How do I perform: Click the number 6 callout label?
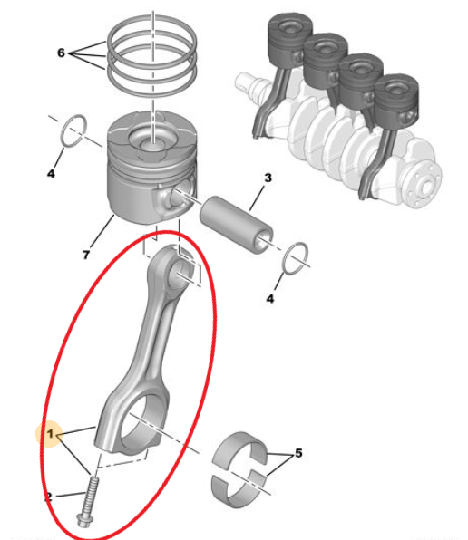coord(61,53)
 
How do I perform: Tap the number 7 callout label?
coord(85,256)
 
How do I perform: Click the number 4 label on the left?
coord(51,173)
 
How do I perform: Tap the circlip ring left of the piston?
coord(73,130)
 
